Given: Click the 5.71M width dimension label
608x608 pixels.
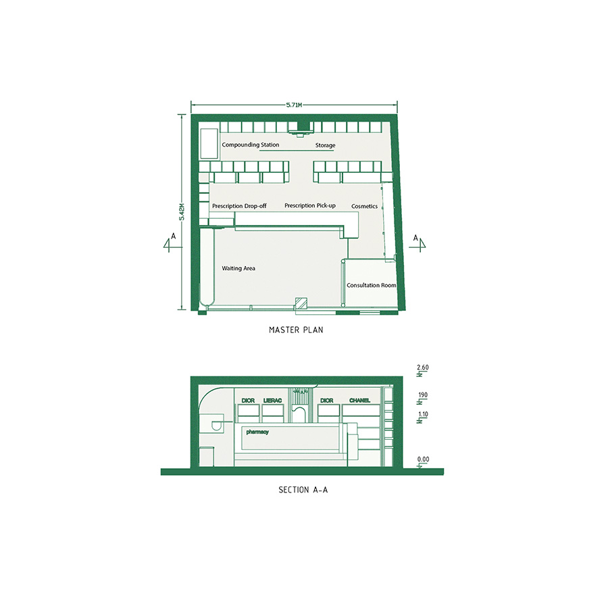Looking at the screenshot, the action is pyautogui.click(x=294, y=105).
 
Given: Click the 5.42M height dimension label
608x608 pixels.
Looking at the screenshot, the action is pyautogui.click(x=182, y=212).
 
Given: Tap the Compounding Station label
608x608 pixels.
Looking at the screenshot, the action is pyautogui.click(x=251, y=145).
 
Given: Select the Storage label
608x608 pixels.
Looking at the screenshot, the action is pyautogui.click(x=325, y=145).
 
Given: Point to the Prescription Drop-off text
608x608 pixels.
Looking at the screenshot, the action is pyautogui.click(x=239, y=206).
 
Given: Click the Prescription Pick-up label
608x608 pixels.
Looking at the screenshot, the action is pyautogui.click(x=310, y=205).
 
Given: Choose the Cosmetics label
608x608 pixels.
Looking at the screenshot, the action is pyautogui.click(x=364, y=206).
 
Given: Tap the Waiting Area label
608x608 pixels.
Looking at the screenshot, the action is pyautogui.click(x=238, y=268).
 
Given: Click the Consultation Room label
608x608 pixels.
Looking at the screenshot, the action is pyautogui.click(x=371, y=285).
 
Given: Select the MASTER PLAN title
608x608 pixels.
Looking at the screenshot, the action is pyautogui.click(x=296, y=330).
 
